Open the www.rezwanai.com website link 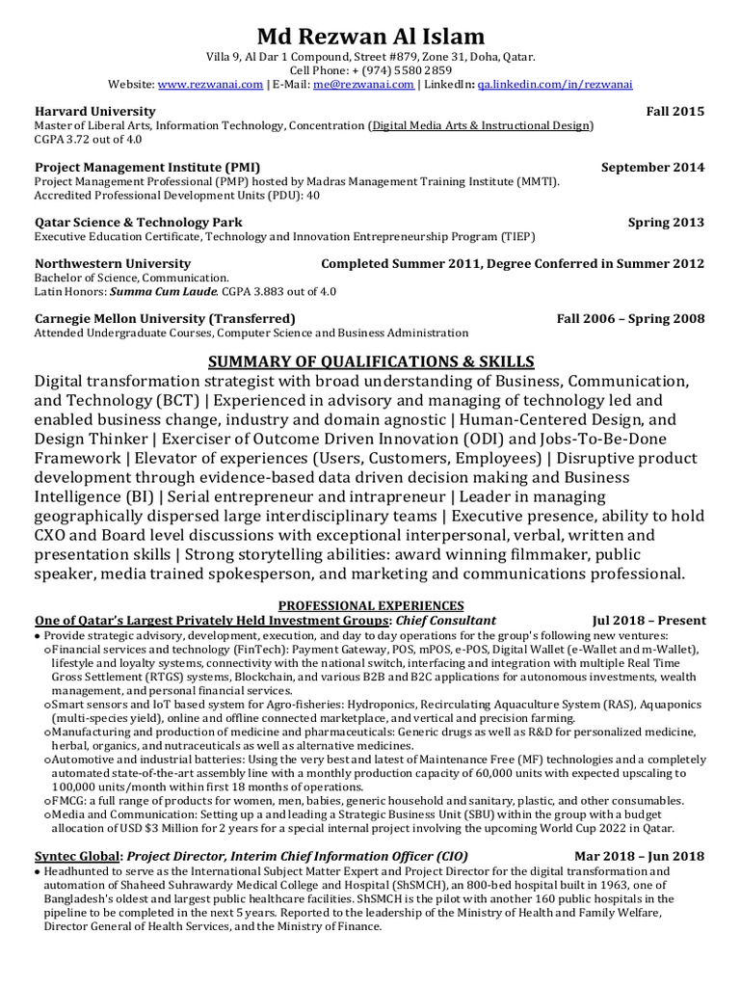pyautogui.click(x=209, y=85)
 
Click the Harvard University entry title pyautogui.click(x=94, y=112)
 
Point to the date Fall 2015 pyautogui.click(x=674, y=112)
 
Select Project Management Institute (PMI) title pyautogui.click(x=147, y=167)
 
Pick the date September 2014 pyautogui.click(x=652, y=167)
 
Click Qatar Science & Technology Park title pyautogui.click(x=138, y=222)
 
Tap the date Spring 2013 pyautogui.click(x=666, y=222)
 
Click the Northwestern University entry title pyautogui.click(x=113, y=263)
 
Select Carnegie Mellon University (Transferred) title pyautogui.click(x=165, y=318)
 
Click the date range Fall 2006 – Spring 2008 pyautogui.click(x=630, y=318)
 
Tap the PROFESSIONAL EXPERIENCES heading pyautogui.click(x=371, y=604)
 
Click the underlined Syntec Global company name pyautogui.click(x=78, y=855)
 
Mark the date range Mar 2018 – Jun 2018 pyautogui.click(x=639, y=855)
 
